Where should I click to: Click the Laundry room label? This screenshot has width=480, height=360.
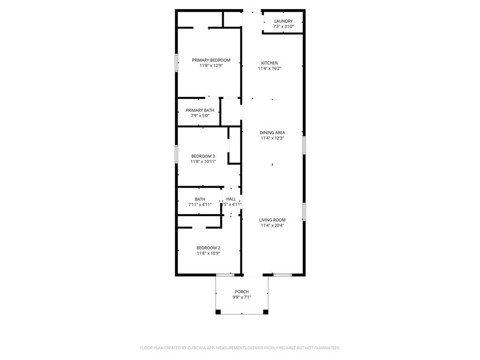point(283,21)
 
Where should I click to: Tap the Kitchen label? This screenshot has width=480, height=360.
point(270,63)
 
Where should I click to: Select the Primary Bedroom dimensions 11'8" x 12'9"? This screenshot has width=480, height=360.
point(211,66)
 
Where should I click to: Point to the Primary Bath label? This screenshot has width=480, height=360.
point(200,110)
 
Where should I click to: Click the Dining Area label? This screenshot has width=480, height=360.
point(272,133)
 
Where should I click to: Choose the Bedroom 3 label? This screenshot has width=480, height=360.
point(203,156)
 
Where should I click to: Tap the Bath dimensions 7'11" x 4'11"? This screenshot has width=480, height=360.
point(200,205)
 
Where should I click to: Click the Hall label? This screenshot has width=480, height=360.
point(231,199)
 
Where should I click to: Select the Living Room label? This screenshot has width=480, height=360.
point(272,220)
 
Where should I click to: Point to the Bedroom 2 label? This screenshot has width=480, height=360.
point(208,247)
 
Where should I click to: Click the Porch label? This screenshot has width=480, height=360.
point(242,292)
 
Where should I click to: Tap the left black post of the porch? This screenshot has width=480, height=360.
point(218,312)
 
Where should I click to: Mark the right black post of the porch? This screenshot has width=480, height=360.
point(266,312)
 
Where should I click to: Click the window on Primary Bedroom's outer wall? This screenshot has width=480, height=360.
point(177,63)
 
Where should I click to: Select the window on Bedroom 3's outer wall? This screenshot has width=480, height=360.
point(177,154)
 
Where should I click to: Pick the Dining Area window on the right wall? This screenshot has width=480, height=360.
point(304,145)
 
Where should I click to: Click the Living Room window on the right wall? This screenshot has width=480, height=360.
point(304,211)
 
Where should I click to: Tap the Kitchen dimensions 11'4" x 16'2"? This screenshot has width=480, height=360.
point(270,68)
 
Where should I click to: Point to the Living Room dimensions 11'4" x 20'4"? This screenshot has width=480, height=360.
point(272,225)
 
